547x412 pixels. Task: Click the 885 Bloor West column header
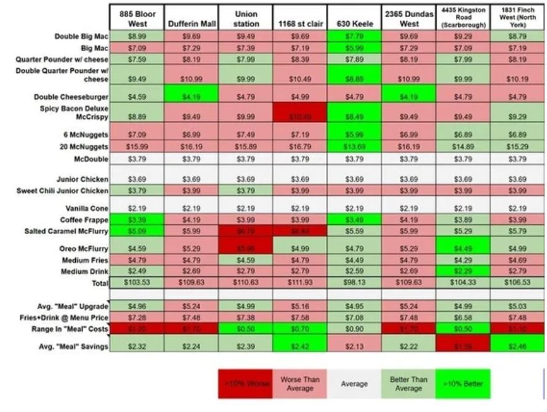(137, 18)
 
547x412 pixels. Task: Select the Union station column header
(246, 18)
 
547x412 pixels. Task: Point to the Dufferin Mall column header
(192, 24)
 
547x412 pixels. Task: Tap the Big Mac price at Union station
(246, 47)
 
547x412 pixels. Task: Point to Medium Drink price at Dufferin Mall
(192, 271)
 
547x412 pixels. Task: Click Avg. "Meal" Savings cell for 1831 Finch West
(518, 346)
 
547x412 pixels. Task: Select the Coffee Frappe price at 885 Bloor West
(137, 219)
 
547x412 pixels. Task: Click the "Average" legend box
(354, 384)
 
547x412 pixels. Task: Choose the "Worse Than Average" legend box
(299, 384)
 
